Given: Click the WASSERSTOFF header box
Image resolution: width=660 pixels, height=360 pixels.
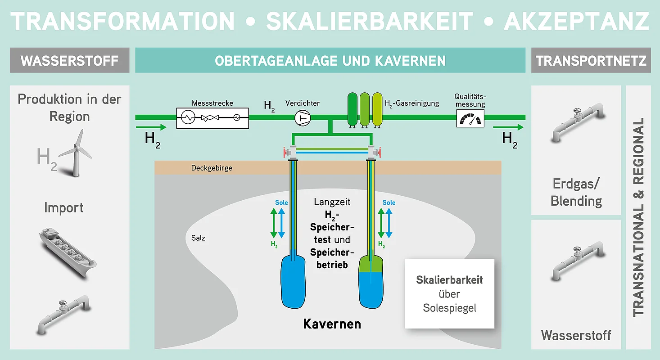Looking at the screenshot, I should pos(69,60).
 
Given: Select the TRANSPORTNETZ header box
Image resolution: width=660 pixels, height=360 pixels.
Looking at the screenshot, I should pos(591,60).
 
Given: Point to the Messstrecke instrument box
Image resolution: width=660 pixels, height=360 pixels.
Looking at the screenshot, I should pos(212,118).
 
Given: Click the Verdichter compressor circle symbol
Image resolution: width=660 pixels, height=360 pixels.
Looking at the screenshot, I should pos(302,118).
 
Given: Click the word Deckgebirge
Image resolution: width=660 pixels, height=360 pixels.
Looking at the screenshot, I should pos(212,168).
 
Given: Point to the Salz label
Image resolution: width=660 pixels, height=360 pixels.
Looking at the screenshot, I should pos(198,238).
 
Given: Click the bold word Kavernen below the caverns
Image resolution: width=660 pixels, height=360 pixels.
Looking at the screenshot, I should pos(332,324).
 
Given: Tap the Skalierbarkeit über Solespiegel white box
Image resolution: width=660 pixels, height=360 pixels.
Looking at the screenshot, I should pos(449,293).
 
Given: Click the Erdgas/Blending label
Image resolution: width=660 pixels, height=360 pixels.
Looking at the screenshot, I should pos(576,192).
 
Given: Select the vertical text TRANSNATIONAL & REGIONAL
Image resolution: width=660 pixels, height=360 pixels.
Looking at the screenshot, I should pos(638,217).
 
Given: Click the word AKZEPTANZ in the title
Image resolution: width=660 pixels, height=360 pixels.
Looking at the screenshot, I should pos(577,22).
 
